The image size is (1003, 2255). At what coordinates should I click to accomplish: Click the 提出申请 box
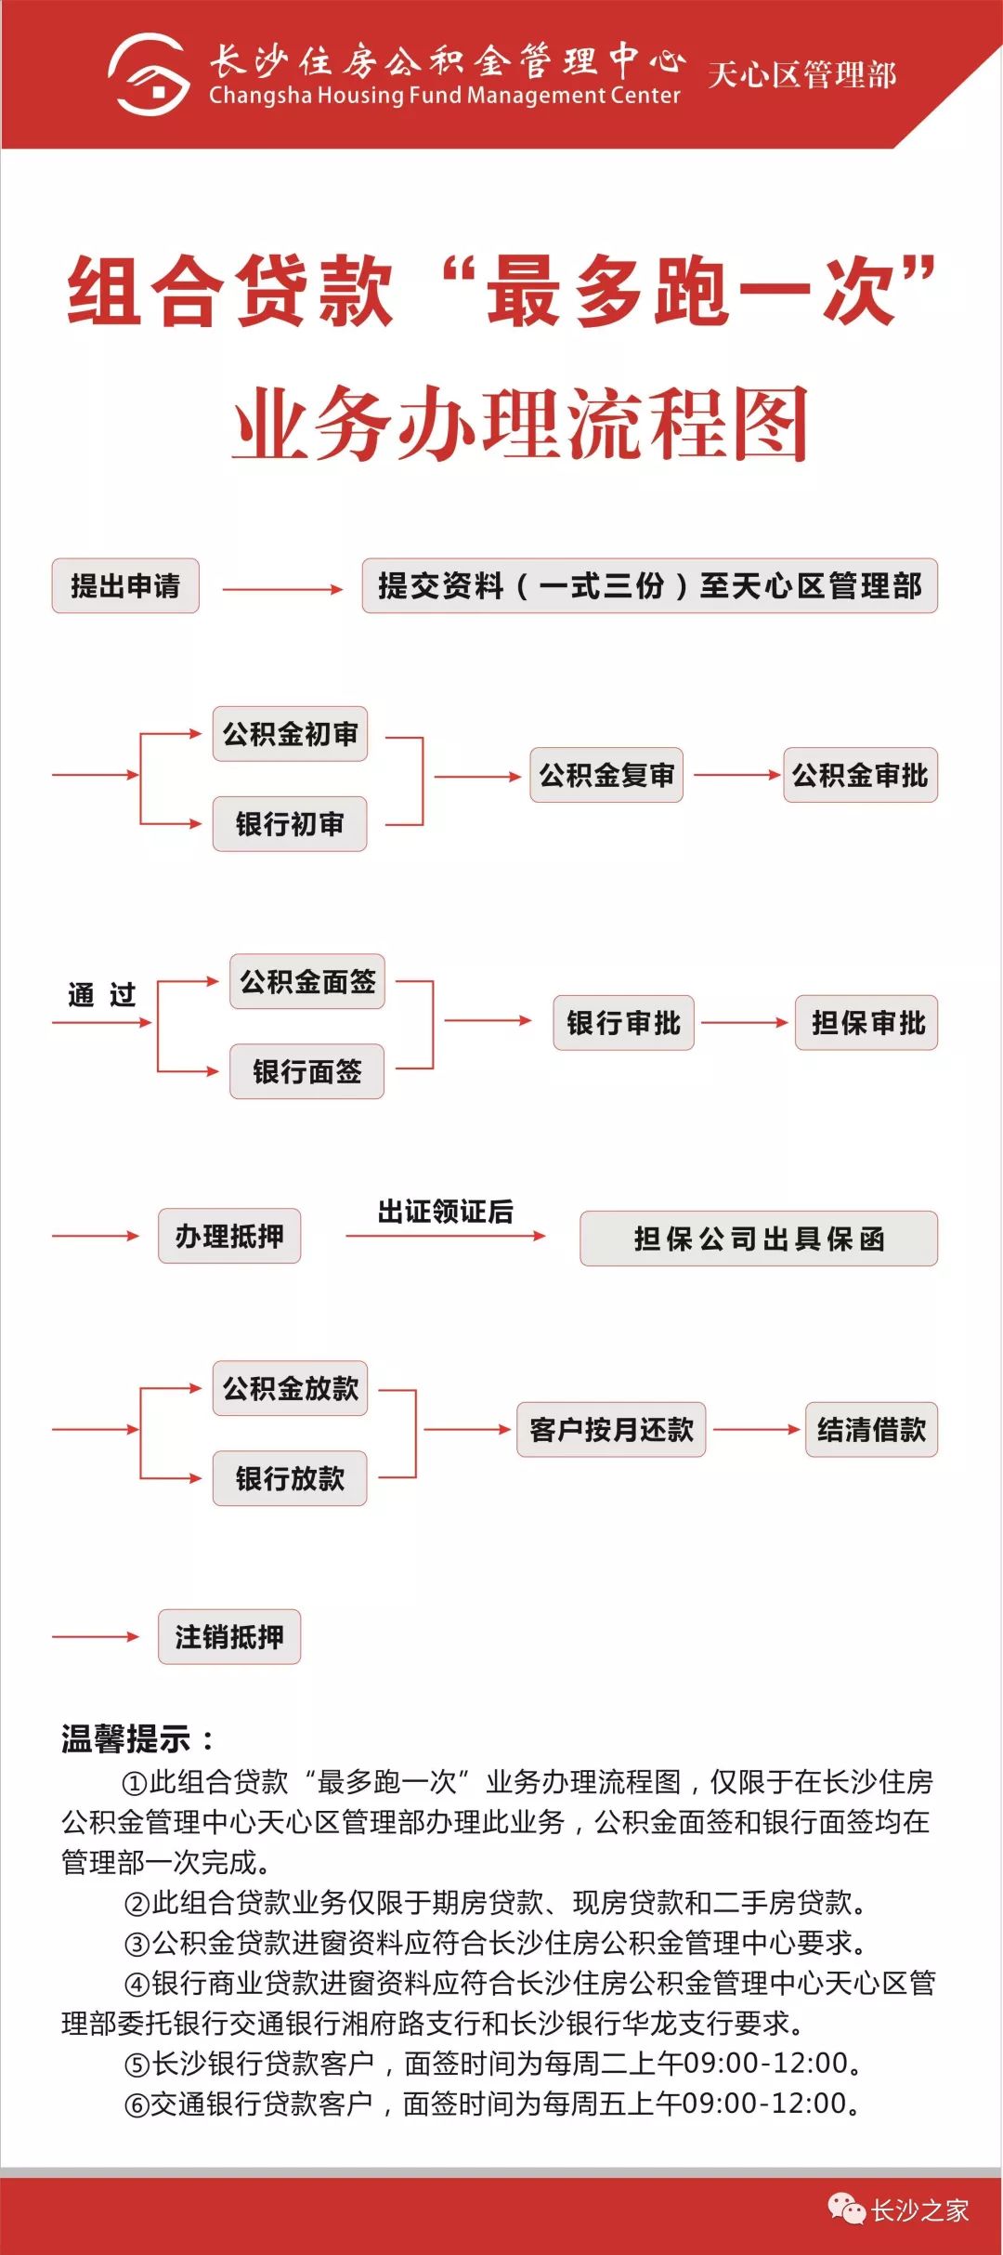pos(125,585)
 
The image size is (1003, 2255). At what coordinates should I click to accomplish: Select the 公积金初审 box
pos(290,734)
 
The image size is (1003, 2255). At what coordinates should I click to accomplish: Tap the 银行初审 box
pos(290,824)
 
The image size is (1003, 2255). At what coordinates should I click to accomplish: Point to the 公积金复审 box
pos(606,775)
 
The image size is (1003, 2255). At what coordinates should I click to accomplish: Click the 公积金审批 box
pos(860,775)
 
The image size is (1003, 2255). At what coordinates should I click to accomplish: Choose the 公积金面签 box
pos(307,981)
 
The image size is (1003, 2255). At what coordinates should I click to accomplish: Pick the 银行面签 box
pos(307,1071)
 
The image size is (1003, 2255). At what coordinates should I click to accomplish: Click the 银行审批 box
pos(623,1023)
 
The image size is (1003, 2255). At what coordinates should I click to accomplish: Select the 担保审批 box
pos(866,1023)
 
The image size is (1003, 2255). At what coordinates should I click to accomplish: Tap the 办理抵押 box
pos(229,1236)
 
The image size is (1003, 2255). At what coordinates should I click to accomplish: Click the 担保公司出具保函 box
pos(759,1239)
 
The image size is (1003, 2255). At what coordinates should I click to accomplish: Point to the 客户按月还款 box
pos(611,1429)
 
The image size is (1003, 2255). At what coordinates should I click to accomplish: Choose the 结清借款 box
pos(871,1429)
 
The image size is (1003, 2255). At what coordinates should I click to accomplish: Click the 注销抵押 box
pos(229,1636)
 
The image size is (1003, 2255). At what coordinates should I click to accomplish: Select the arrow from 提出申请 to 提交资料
pos(282,589)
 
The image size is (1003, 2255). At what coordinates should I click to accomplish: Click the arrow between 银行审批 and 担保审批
pos(745,1023)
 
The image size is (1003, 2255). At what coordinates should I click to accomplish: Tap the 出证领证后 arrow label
pos(445,1212)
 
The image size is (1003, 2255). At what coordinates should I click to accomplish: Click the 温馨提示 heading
pos(137,1738)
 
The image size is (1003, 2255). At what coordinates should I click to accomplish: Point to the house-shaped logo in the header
pos(149,74)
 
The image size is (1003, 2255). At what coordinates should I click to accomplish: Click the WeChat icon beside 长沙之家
pos(846,2209)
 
